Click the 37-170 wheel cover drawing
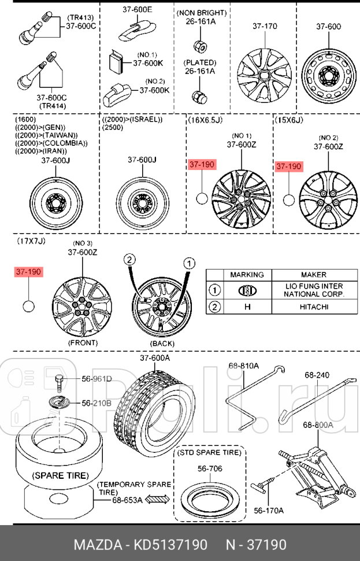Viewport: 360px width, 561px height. click(x=265, y=73)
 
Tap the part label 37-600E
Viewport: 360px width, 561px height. click(x=137, y=10)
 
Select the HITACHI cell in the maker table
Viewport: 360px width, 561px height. click(x=313, y=307)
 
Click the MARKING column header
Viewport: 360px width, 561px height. click(x=247, y=275)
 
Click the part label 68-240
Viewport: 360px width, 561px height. click(x=317, y=375)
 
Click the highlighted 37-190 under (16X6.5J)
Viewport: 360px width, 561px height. click(x=202, y=165)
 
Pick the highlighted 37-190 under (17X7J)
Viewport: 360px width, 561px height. click(x=29, y=271)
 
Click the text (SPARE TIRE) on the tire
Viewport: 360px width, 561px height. click(x=60, y=475)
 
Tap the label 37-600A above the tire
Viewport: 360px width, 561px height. click(x=155, y=359)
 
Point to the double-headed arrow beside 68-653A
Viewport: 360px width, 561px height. click(x=157, y=499)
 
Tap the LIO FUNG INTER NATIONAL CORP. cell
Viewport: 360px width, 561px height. click(x=313, y=290)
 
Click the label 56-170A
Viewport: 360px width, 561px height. click(x=269, y=510)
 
